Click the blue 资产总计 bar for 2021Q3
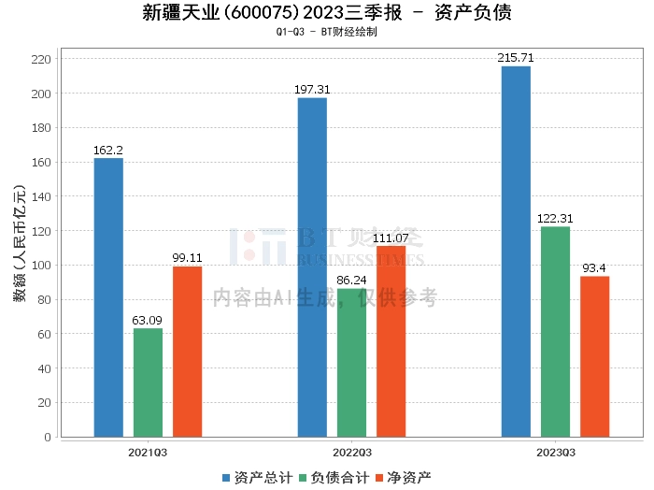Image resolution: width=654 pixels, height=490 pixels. click(108, 297)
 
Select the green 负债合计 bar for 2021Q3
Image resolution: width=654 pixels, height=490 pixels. click(148, 382)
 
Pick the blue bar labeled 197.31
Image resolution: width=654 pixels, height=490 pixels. click(312, 267)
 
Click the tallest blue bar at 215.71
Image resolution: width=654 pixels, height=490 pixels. click(516, 252)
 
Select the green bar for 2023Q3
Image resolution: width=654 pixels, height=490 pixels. click(555, 332)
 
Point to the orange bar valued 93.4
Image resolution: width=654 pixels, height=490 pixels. click(594, 356)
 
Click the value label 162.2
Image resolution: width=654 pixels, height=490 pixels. click(108, 150)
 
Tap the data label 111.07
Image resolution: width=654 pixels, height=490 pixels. click(391, 238)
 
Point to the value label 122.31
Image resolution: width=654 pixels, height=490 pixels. click(555, 218)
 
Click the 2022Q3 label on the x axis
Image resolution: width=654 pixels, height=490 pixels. click(351, 452)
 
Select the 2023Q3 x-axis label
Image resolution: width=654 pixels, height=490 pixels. click(555, 452)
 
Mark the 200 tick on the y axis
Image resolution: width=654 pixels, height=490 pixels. click(41, 94)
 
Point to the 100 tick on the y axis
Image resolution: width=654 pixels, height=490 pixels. click(41, 266)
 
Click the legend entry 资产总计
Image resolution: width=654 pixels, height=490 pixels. click(255, 477)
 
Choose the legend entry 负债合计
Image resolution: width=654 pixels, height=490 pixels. click(332, 477)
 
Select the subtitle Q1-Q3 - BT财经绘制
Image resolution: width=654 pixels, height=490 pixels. click(327, 32)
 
